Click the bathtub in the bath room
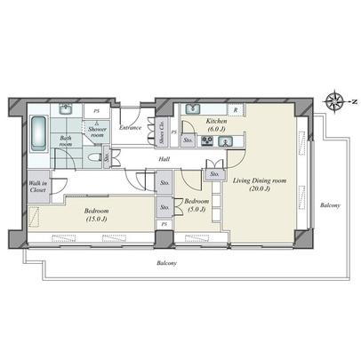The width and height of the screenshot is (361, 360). click(x=36, y=136)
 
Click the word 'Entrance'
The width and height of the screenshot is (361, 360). click(x=130, y=127)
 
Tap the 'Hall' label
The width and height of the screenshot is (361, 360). click(x=164, y=160)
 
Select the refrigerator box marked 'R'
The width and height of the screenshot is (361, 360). click(x=235, y=109)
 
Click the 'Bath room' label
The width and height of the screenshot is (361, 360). click(x=65, y=141)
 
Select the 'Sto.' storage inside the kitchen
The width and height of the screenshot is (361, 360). click(x=189, y=140)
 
